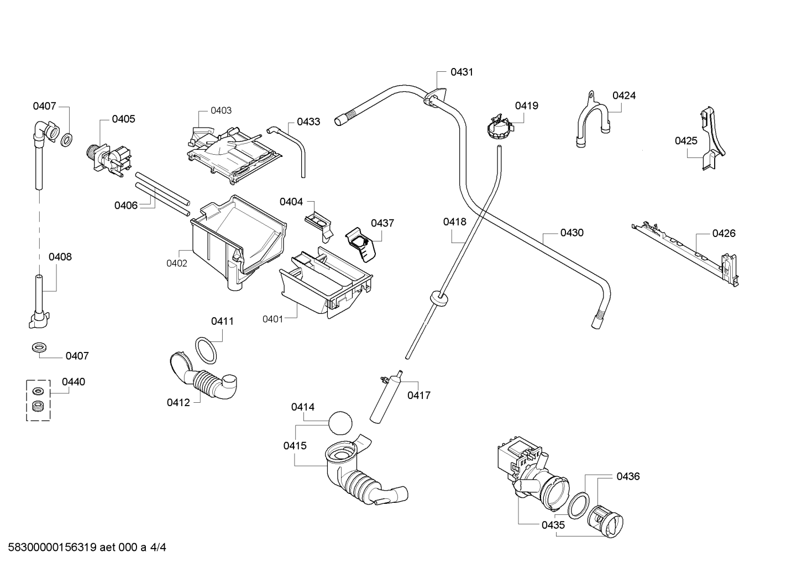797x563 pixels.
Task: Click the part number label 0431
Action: pyautogui.click(x=462, y=72)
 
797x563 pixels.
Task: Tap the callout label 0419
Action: pyautogui.click(x=527, y=106)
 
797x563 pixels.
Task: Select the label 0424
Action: pyautogui.click(x=623, y=96)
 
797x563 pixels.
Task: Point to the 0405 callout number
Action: pyautogui.click(x=123, y=119)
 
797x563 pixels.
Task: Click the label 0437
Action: pyautogui.click(x=382, y=223)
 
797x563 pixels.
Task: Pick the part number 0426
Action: pyautogui.click(x=723, y=233)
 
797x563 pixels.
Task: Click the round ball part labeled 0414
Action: pyautogui.click(x=340, y=423)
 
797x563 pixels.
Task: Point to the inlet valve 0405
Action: pyautogui.click(x=108, y=160)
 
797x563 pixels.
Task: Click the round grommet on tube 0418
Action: pyautogui.click(x=439, y=298)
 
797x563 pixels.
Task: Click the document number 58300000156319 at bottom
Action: pyautogui.click(x=53, y=548)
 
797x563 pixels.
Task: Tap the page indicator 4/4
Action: pyautogui.click(x=158, y=548)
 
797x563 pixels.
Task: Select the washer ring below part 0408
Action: pyautogui.click(x=39, y=348)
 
